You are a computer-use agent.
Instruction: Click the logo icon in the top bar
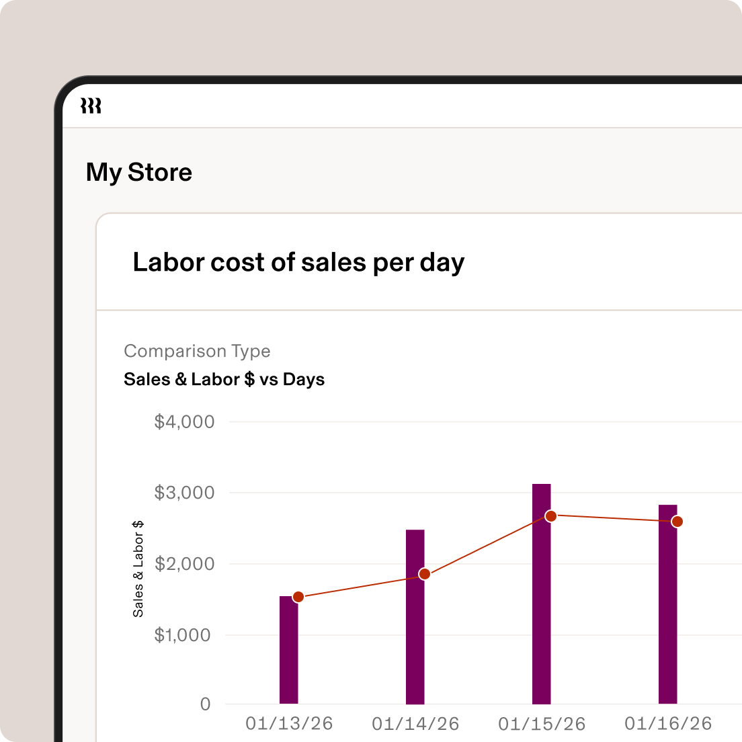coord(91,106)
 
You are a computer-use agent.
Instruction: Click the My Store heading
coord(139,173)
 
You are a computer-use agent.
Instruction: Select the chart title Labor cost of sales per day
coord(298,262)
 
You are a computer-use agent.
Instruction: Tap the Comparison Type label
coord(197,351)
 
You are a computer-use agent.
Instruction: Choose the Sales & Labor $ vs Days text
coord(224,379)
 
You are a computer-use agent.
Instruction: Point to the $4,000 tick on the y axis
coord(184,422)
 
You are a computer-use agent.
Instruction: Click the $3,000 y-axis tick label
coord(184,493)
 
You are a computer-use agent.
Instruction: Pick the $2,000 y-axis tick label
coord(184,564)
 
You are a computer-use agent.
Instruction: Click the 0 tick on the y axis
coord(206,704)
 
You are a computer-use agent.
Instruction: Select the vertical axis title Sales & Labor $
coord(138,569)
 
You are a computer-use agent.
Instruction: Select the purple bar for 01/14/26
coord(415,638)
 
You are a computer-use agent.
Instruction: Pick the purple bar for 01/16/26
coord(668,618)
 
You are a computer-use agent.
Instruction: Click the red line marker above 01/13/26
coord(298,597)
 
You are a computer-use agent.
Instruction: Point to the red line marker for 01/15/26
coord(551,516)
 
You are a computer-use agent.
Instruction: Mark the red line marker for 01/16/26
coord(677,522)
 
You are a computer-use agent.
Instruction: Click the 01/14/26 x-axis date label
coord(415,724)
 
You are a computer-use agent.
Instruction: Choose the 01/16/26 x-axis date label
coord(668,724)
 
